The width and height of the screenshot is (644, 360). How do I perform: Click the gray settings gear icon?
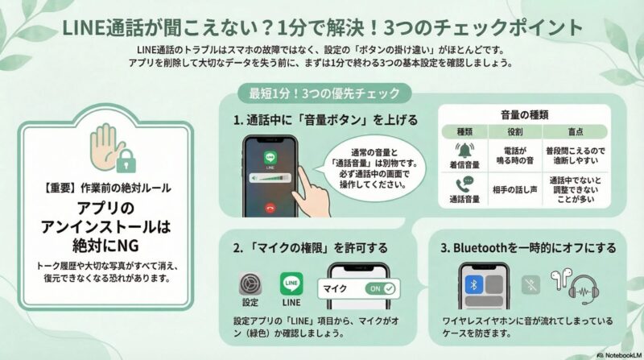point(250,286)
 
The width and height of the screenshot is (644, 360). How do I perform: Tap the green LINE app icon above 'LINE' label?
point(291,286)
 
